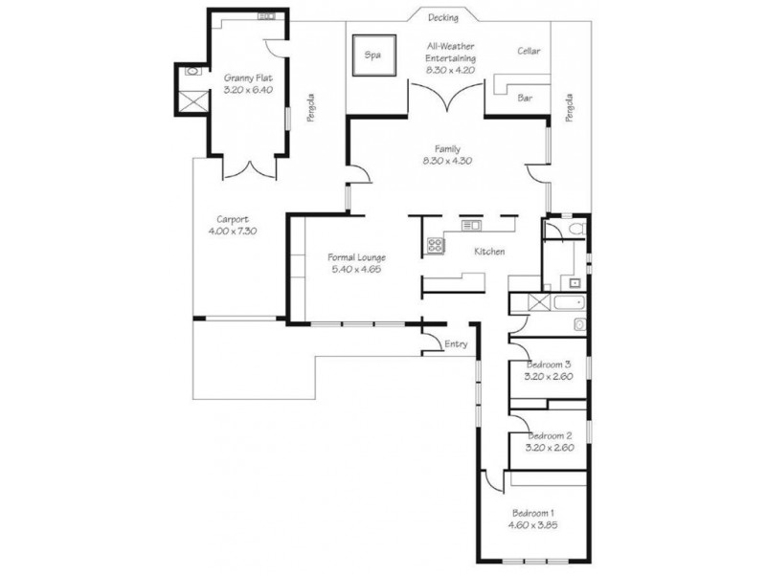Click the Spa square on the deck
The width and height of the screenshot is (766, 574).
point(374,55)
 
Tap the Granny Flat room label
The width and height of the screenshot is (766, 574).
point(248,78)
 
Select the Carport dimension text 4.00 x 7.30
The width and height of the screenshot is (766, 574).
point(233,232)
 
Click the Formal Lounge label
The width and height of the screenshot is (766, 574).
point(356,257)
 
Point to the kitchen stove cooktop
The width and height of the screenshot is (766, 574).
point(436,245)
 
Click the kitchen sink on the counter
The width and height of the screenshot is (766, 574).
point(471,225)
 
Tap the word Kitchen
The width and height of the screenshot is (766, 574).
point(489,252)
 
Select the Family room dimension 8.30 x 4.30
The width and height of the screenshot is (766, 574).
point(447,161)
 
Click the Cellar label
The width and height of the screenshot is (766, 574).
point(529,51)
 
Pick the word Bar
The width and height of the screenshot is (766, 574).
point(525,99)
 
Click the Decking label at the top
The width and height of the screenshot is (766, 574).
point(443,18)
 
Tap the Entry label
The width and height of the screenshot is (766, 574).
point(456,344)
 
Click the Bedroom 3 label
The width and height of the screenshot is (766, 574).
point(549,364)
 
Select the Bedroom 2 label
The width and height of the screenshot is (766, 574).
point(550,435)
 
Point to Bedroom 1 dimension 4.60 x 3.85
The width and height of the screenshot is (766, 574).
point(533,525)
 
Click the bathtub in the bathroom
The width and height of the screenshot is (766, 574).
point(569,302)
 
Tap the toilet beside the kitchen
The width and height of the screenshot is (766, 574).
point(577,229)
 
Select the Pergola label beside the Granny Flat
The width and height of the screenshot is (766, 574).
point(311,107)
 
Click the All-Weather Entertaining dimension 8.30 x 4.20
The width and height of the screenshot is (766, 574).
point(450,70)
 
